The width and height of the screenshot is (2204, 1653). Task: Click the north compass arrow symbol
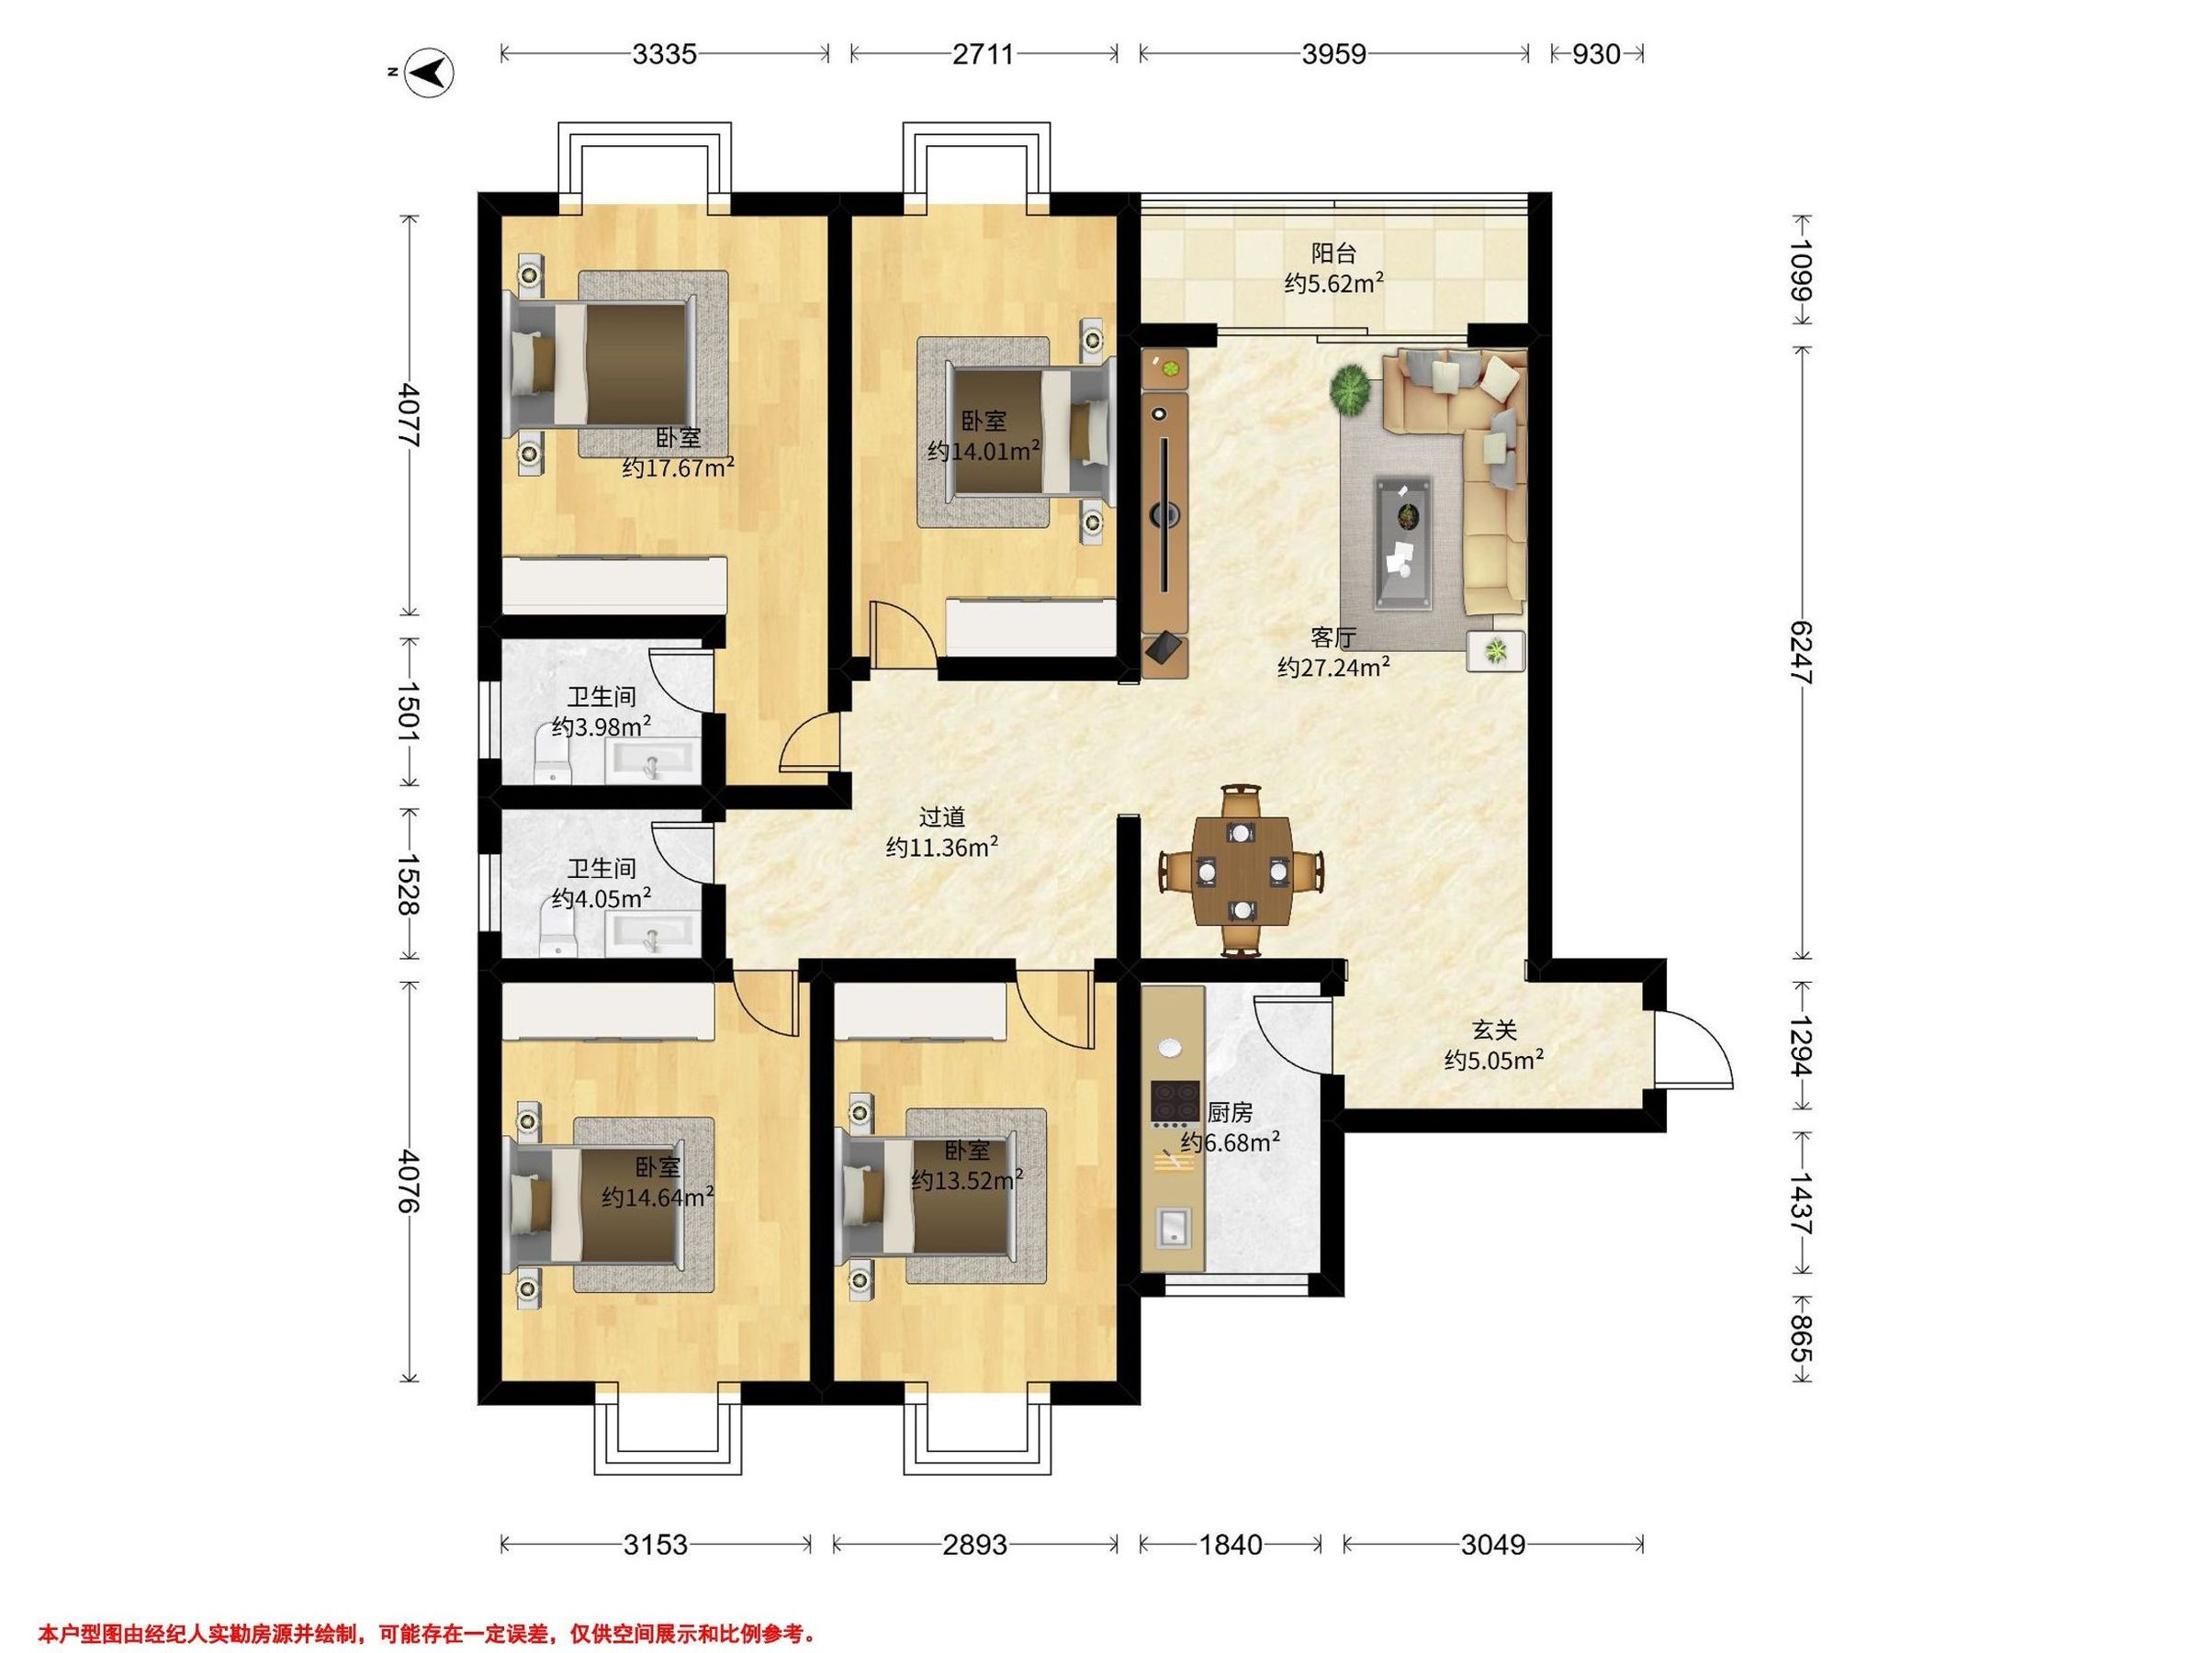click(x=431, y=73)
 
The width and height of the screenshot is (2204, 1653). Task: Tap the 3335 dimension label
click(x=665, y=54)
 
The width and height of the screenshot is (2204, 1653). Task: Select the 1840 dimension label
click(x=1231, y=1546)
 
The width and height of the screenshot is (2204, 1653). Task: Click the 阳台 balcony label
click(x=1333, y=254)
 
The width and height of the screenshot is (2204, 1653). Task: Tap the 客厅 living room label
click(x=1333, y=637)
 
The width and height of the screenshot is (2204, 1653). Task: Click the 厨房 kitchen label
click(x=1230, y=1112)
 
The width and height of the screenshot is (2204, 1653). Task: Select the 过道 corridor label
click(x=941, y=817)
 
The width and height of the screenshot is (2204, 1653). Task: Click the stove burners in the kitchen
click(x=1175, y=1102)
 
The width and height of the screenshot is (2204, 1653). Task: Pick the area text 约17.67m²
click(x=679, y=467)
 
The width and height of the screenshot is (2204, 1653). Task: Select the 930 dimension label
click(x=1596, y=54)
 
